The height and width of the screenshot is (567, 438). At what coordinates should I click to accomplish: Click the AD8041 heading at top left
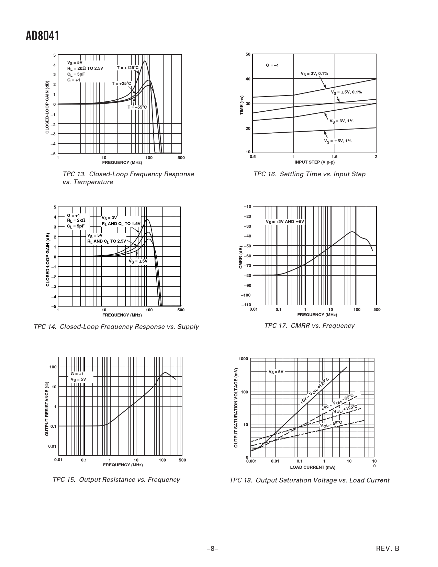[x=43, y=36]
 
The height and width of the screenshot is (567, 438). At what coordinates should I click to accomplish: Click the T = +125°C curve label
[x=127, y=68]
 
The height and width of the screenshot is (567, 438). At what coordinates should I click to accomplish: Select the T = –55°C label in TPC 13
[x=137, y=107]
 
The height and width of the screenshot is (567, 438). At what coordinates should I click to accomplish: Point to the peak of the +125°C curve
[x=145, y=61]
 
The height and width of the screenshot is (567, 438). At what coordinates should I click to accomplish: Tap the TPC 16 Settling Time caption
[x=309, y=174]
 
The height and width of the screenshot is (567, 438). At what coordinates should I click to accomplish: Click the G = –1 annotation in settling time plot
[x=272, y=65]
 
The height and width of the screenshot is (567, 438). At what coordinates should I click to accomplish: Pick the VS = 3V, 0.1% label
[x=314, y=74]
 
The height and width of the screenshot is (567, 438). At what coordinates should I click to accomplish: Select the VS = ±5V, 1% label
[x=338, y=141]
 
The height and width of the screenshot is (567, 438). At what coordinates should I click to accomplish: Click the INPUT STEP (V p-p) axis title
[x=314, y=162]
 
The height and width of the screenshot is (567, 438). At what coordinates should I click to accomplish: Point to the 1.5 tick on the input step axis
[x=335, y=157]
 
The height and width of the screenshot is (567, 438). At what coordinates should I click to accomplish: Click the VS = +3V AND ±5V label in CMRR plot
[x=285, y=222]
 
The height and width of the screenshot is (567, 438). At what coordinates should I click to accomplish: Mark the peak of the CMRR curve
[x=352, y=232]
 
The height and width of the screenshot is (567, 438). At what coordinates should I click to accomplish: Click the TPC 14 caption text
[x=116, y=326]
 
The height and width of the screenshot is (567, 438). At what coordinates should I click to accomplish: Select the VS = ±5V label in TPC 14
[x=138, y=261]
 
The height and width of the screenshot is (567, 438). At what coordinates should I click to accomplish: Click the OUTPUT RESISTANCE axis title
[x=47, y=409]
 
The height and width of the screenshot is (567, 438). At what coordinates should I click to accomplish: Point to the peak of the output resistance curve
[x=165, y=373]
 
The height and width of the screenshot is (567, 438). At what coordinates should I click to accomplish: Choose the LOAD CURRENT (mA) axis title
[x=313, y=467]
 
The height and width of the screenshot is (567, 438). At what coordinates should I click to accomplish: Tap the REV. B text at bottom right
[x=388, y=549]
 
